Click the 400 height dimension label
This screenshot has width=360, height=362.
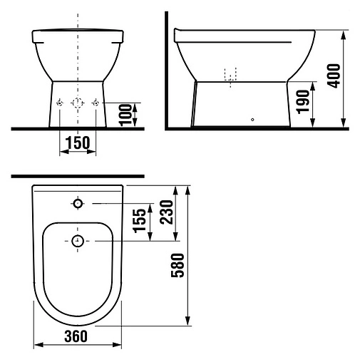pos(334,76)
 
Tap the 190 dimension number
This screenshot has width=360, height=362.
pos(303,102)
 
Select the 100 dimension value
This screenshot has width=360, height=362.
pos(125,115)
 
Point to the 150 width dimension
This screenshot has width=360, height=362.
pos(78,143)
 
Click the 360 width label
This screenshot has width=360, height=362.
pos(76,336)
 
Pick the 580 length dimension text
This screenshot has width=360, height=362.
pos(178,265)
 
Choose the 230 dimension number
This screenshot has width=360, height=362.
pos(166,212)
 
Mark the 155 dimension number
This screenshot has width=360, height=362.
pos(139,221)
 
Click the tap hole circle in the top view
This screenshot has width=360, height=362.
pos(78,204)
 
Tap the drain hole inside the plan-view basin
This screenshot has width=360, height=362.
pos(78,241)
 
